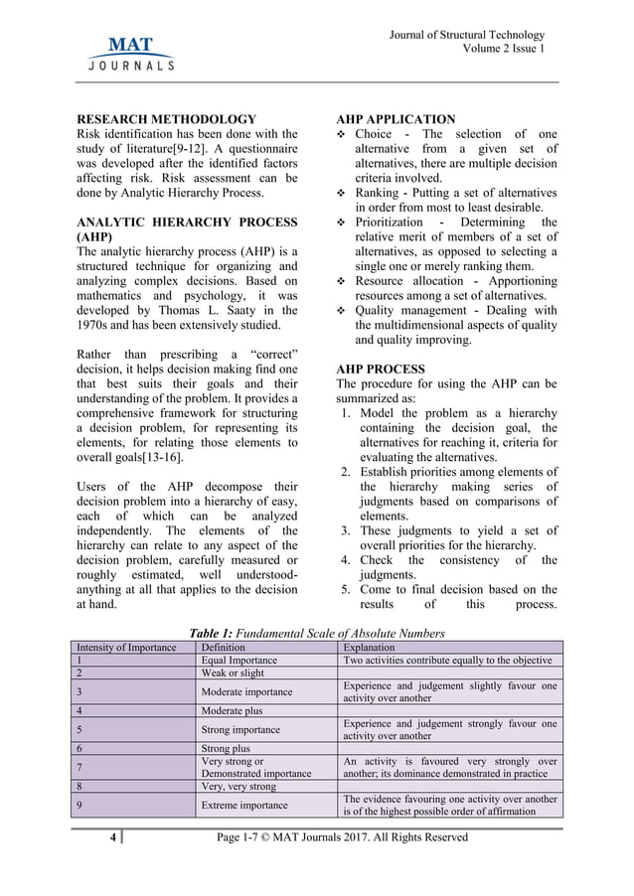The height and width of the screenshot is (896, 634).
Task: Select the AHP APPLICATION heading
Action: pos(396,119)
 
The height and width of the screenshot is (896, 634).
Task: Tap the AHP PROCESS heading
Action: pos(381,369)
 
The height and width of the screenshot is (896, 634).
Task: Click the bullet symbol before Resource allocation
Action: pos(343,281)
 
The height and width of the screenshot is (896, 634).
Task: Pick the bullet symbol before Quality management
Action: pos(343,311)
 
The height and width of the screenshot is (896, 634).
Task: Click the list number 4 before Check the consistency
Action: pos(345,560)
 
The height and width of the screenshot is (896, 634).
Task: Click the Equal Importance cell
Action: pos(238,660)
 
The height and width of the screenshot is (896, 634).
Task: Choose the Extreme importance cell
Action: pos(244,805)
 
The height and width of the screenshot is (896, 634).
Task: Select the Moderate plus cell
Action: pos(232,710)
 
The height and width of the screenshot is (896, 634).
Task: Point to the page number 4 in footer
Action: pos(113,837)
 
